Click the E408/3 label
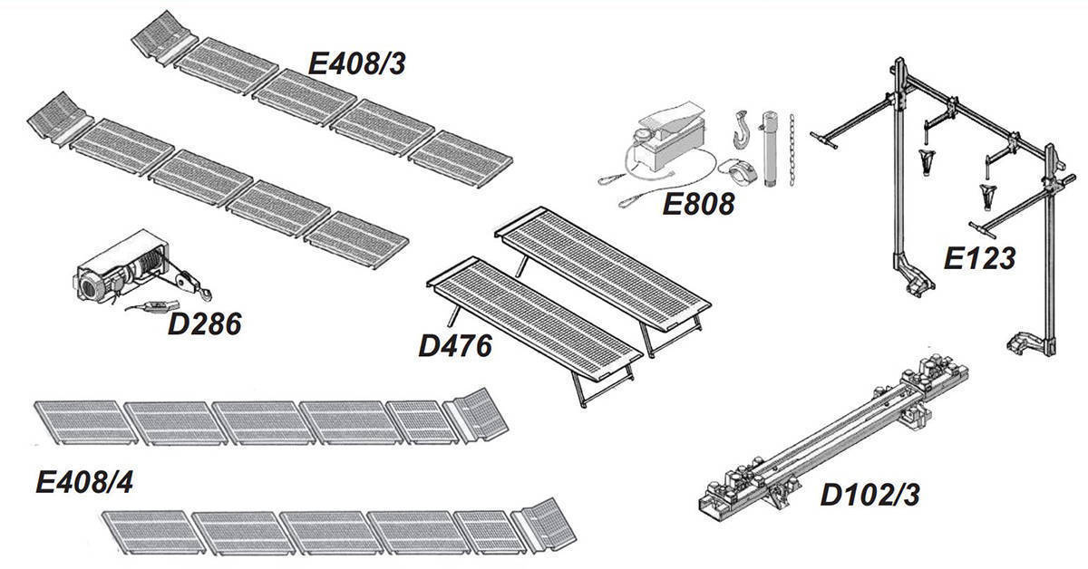[x=357, y=64]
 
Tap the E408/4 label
[x=84, y=483]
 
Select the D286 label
[x=205, y=324]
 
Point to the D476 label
[x=455, y=347]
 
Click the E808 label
[x=698, y=204]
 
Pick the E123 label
[x=979, y=258]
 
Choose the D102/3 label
[x=869, y=496]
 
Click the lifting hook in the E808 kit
[x=742, y=130]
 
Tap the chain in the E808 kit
[x=792, y=150]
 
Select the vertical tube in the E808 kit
[x=769, y=149]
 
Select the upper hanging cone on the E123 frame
[x=927, y=162]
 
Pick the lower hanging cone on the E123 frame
[x=987, y=196]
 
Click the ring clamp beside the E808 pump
[x=738, y=171]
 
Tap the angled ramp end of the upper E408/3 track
[x=164, y=36]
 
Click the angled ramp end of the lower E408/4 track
[x=546, y=525]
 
